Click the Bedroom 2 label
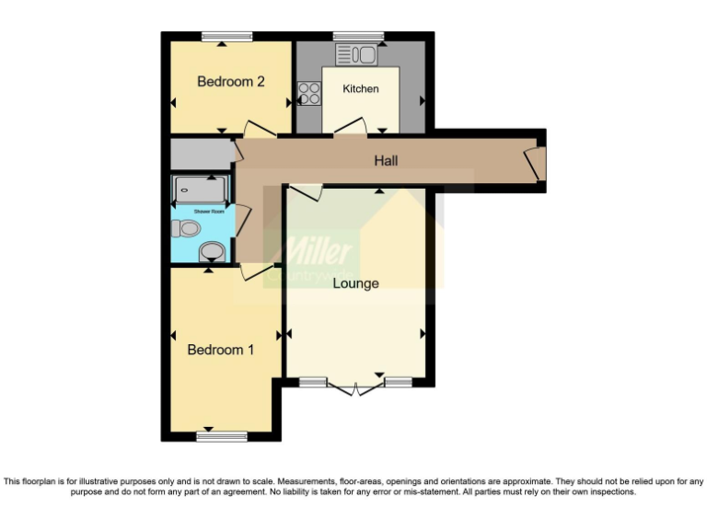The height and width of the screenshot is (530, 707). [x=231, y=82]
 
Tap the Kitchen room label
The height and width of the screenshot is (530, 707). [x=361, y=89]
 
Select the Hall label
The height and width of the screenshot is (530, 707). [x=386, y=161]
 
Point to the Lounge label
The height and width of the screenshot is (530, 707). [x=355, y=283]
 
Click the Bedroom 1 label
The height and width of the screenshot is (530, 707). [x=221, y=350]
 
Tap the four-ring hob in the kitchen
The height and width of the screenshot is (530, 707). [x=308, y=93]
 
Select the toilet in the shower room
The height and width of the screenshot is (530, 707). [x=189, y=227]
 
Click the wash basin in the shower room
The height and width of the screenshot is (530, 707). [x=211, y=251]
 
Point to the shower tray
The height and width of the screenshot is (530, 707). [x=199, y=190]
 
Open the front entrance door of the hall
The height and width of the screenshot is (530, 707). [x=533, y=162]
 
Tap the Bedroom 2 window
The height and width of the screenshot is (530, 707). [x=226, y=36]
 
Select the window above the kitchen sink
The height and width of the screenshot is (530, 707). [x=358, y=36]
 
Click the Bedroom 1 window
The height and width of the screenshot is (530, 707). [x=221, y=436]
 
